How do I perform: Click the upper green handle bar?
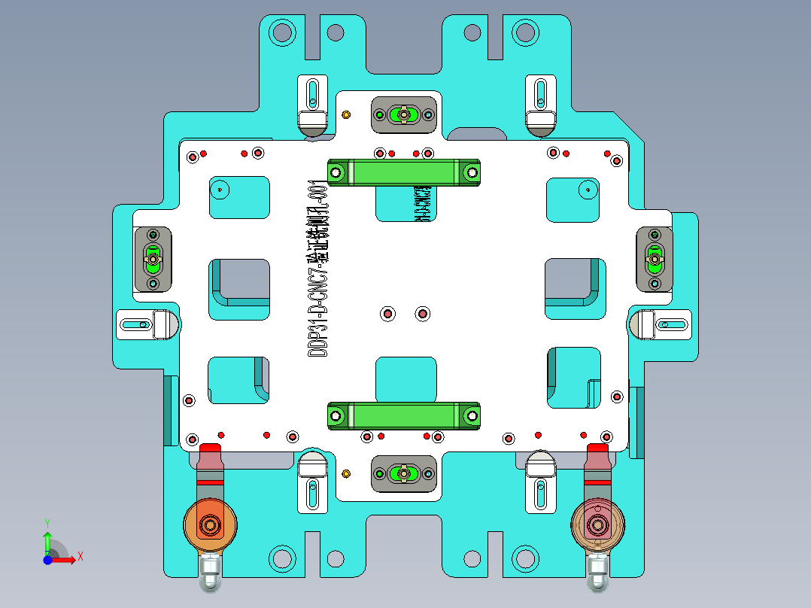tap(403, 172)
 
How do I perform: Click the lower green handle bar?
tap(403, 415)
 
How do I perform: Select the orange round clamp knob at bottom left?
tap(211, 524)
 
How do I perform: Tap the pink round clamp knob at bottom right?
tap(599, 524)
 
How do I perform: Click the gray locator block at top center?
tap(404, 114)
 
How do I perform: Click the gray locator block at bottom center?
tap(404, 473)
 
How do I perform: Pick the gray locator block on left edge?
tap(153, 260)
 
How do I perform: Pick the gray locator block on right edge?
tap(655, 260)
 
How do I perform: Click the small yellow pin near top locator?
tap(346, 114)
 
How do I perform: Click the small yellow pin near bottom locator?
tap(346, 473)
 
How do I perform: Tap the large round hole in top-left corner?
tap(283, 32)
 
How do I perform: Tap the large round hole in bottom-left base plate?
tap(283, 558)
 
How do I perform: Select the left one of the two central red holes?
tap(388, 313)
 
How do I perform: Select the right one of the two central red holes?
tap(422, 313)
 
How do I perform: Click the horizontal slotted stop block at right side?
tap(661, 325)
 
